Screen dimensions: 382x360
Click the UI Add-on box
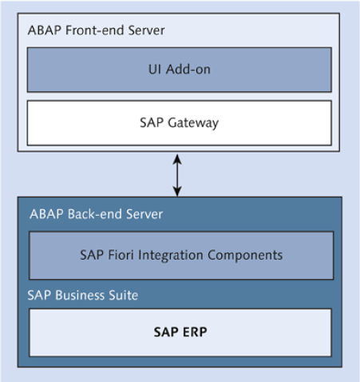(180, 70)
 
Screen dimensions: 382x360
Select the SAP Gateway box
(180, 122)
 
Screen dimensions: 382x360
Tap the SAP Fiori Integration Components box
(181, 256)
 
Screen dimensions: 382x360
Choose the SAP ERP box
(180, 332)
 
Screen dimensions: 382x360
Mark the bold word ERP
(194, 332)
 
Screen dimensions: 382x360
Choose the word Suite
(123, 296)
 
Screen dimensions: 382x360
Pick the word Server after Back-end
(140, 215)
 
